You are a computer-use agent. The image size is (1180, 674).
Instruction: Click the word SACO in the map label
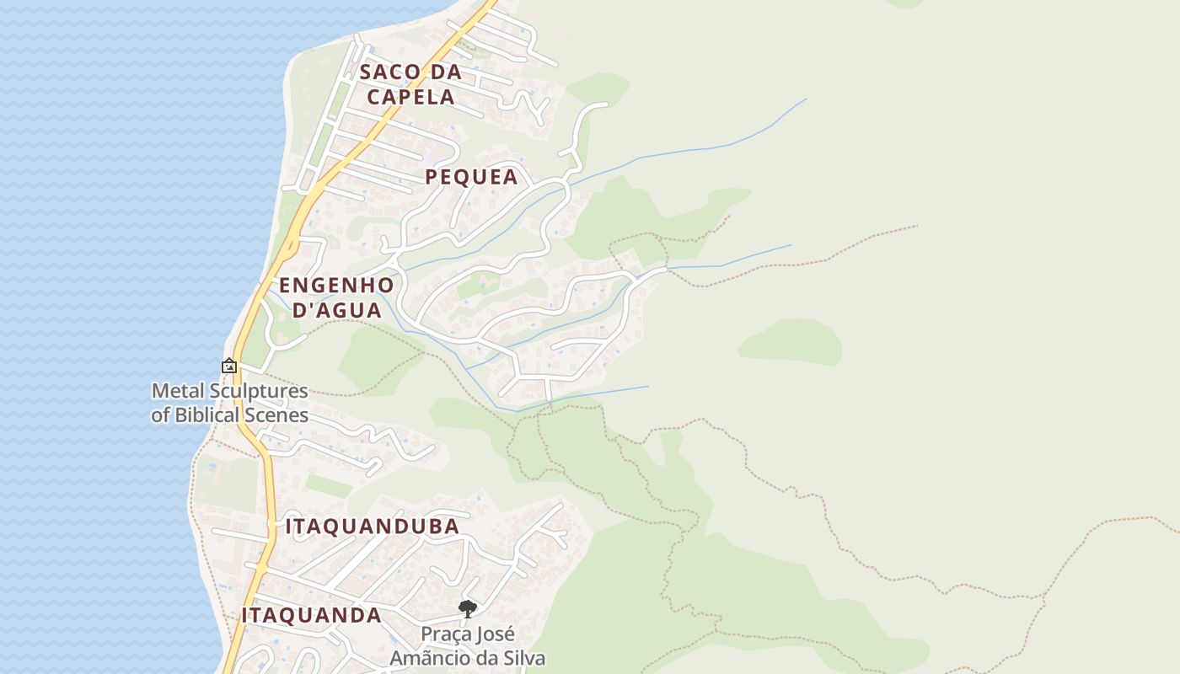point(389,72)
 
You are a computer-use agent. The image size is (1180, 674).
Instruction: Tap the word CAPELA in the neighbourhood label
point(410,96)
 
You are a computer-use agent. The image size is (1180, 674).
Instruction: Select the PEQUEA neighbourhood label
point(471,177)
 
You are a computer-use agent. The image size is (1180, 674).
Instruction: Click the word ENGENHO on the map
point(336,285)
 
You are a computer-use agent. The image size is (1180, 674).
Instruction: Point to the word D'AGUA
point(337,310)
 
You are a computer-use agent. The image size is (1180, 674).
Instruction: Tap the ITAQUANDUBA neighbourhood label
point(373,527)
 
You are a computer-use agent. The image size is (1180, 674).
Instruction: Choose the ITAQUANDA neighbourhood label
point(312,615)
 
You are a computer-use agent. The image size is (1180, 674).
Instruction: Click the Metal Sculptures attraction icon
point(228,366)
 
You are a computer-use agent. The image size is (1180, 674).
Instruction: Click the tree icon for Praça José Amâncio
point(467,608)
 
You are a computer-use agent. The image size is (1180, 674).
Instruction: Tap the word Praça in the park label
point(443,634)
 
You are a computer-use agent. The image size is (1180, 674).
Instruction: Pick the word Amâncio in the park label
point(437,658)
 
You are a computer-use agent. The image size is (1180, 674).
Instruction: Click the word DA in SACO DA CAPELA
point(443,72)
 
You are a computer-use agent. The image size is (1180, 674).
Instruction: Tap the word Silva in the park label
point(523,658)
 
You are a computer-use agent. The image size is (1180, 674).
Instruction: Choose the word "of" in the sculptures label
point(160,415)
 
